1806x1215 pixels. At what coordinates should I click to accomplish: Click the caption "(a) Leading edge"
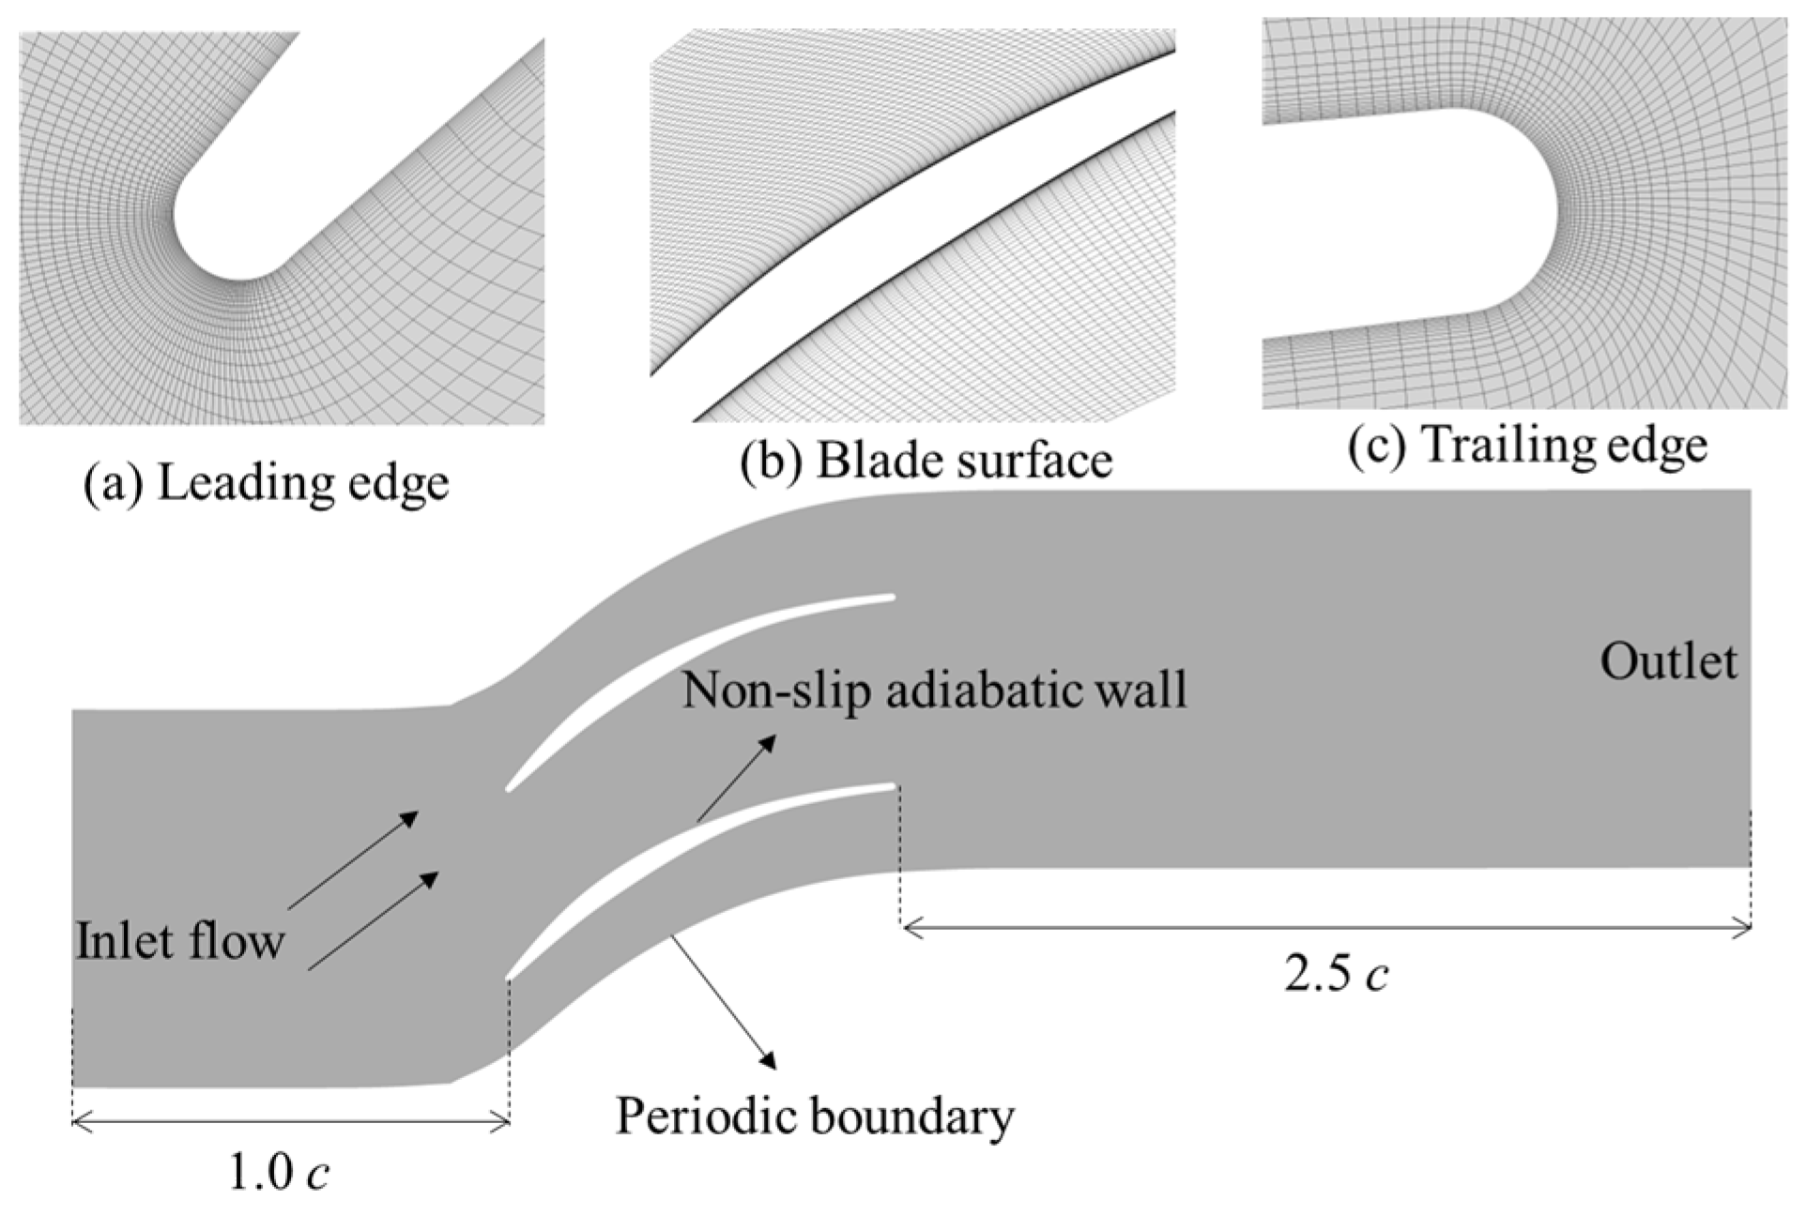pyautogui.click(x=266, y=484)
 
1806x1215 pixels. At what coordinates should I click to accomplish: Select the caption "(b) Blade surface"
pyautogui.click(x=926, y=461)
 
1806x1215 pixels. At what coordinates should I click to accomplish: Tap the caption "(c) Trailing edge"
pyautogui.click(x=1527, y=445)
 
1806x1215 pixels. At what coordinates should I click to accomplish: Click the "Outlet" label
pyautogui.click(x=1668, y=662)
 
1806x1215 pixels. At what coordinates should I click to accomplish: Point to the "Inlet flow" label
pyautogui.click(x=179, y=941)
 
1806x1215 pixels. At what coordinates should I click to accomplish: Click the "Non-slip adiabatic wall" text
pyautogui.click(x=934, y=690)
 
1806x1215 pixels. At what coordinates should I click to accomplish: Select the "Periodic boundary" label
pyautogui.click(x=815, y=1116)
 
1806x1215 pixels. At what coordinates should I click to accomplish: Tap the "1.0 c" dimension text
pyautogui.click(x=279, y=1172)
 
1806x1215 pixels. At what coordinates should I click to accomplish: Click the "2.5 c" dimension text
pyautogui.click(x=1336, y=975)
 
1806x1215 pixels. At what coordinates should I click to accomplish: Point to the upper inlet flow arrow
pyautogui.click(x=352, y=860)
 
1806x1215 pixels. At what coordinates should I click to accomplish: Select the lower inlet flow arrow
pyautogui.click(x=374, y=920)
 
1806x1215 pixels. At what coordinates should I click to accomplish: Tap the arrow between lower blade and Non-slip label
pyautogui.click(x=737, y=778)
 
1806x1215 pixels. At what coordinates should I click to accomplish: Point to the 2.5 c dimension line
pyautogui.click(x=1325, y=928)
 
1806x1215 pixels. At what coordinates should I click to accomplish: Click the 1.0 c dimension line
pyautogui.click(x=290, y=1120)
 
